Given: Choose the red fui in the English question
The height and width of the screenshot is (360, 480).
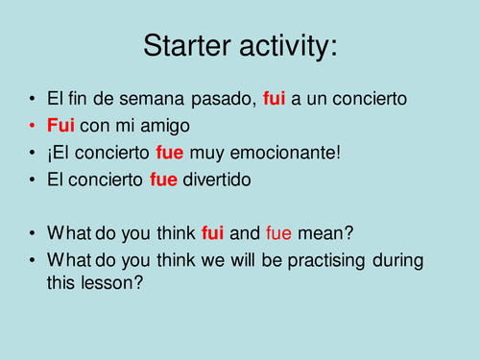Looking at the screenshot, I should [x=211, y=231].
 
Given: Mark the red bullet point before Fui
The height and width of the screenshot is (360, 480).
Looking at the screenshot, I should [x=34, y=126].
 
